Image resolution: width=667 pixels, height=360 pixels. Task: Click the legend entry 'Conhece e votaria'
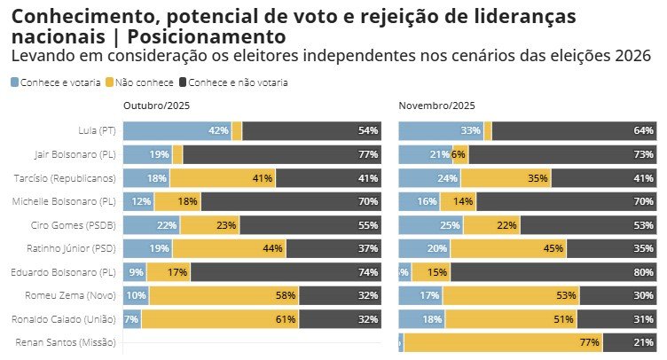pos(55,82)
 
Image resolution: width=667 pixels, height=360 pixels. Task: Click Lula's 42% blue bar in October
pos(177,130)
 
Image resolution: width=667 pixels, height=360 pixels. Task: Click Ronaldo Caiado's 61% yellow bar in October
pos(219,318)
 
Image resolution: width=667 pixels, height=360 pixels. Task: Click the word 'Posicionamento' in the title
pos(207,37)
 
